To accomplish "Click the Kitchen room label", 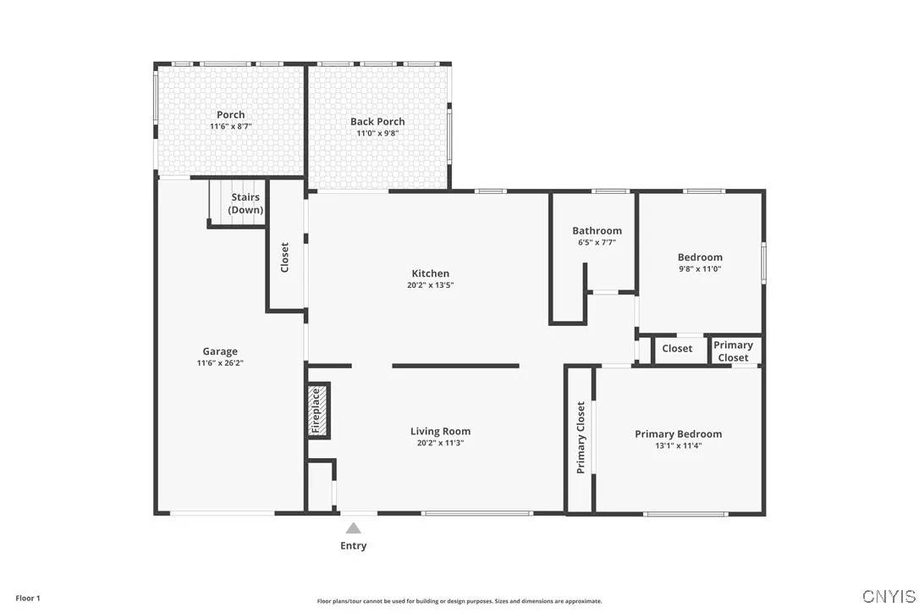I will tap(430, 273).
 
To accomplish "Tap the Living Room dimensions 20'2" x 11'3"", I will tap(440, 443).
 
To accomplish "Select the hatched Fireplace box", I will tap(317, 411).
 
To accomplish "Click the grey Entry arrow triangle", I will tap(353, 528).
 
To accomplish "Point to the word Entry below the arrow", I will tap(353, 546).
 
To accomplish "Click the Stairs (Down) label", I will tap(245, 203).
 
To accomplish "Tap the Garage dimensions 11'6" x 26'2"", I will tap(220, 363).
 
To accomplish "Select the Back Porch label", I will tap(377, 121).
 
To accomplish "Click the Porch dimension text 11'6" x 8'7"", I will tap(231, 126).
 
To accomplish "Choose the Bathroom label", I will tap(597, 230).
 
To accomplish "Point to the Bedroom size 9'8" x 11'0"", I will tap(700, 268).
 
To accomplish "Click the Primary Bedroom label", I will tap(678, 434).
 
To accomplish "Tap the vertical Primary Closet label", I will tap(581, 437).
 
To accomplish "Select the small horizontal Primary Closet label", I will tap(733, 351).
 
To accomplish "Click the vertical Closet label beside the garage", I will tap(285, 257).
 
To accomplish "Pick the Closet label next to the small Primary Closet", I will tap(677, 348).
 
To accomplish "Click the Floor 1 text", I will tap(28, 598).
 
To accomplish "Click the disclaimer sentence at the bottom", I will tap(459, 601).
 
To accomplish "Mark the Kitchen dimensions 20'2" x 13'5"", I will tap(430, 285).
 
